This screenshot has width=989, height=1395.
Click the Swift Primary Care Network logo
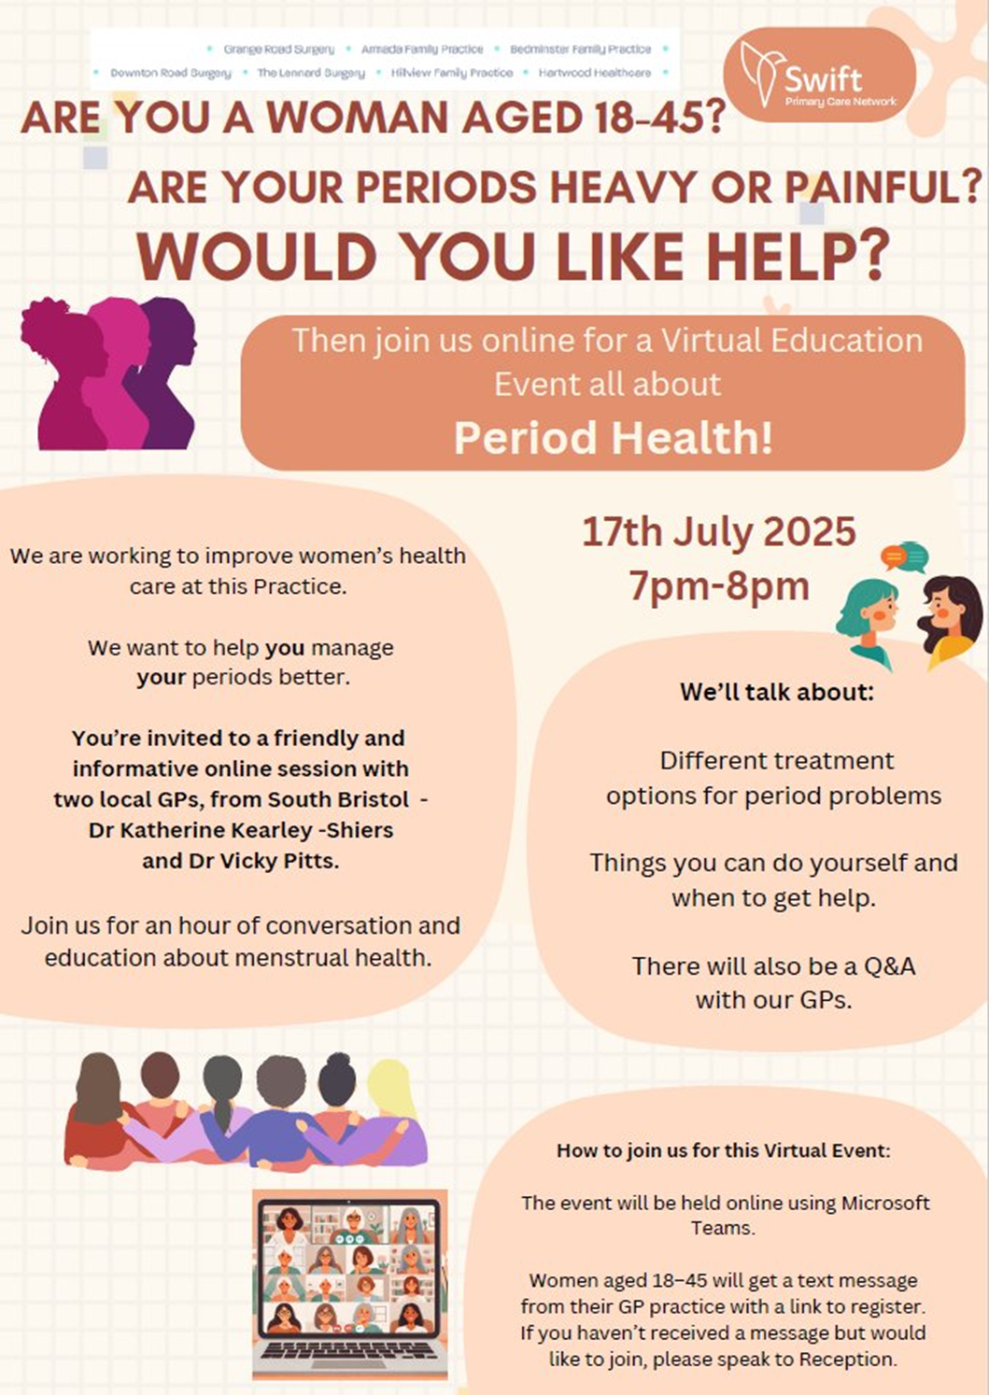[x=819, y=75]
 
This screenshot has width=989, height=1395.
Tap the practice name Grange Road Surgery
[x=279, y=49]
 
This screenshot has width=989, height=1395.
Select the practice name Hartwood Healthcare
[x=595, y=73]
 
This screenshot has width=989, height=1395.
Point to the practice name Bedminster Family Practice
[x=581, y=49]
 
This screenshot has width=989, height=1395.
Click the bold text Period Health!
[x=614, y=437]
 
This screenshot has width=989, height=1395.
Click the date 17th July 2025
[x=719, y=532]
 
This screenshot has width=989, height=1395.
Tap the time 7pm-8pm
[x=719, y=586]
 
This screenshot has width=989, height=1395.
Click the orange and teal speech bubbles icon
[x=904, y=557]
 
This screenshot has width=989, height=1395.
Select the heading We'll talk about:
[x=777, y=692]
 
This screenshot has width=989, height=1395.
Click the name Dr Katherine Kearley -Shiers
[x=241, y=830]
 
